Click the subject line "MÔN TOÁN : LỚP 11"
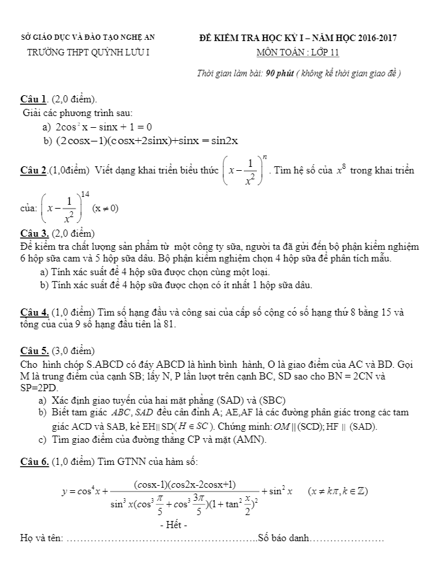pos(298,53)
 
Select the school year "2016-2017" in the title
pos(374,38)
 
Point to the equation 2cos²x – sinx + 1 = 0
pos(104,126)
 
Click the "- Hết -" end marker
pos(173,525)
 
